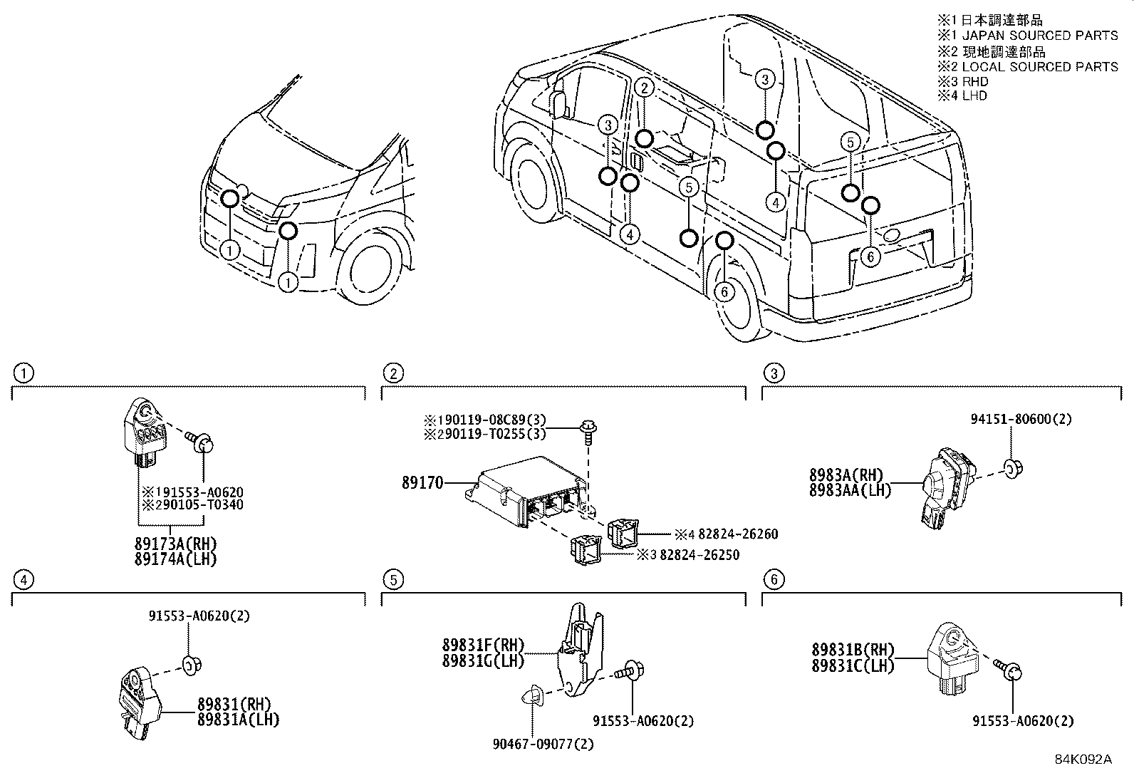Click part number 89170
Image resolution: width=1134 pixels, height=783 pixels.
point(422,484)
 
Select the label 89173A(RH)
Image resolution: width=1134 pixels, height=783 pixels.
point(175,545)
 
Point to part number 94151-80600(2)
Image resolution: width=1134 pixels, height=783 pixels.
point(1021,420)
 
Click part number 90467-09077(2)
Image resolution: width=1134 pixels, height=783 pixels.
point(543,744)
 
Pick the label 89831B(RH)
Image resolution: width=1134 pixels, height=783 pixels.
point(853,650)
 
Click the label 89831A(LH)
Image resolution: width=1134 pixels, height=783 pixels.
point(239,720)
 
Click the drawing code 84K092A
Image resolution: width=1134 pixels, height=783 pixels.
point(1083,759)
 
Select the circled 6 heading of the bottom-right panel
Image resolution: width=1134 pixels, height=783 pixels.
point(774,580)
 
